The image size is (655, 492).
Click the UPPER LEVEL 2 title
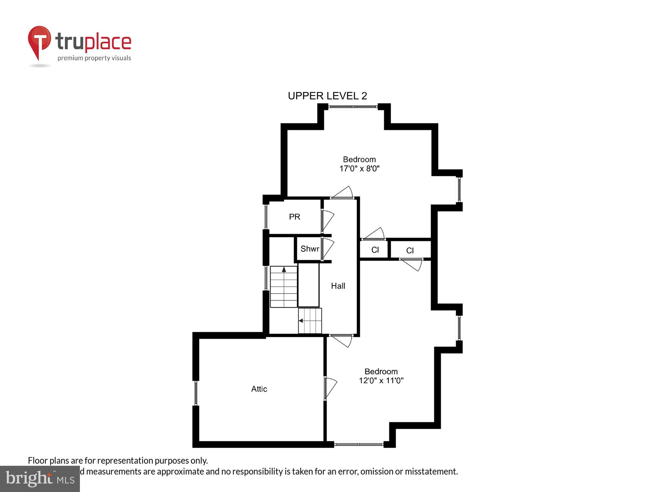click(x=327, y=96)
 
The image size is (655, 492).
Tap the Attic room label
click(x=259, y=389)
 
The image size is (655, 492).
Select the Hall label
click(x=338, y=286)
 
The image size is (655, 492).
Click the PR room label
click(x=294, y=217)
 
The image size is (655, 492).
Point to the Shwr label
click(x=309, y=249)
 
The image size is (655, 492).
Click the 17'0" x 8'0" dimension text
click(x=359, y=169)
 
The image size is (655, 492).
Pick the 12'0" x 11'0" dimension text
click(x=381, y=380)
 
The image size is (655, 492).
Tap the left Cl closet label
click(x=375, y=250)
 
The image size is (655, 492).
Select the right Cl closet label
click(x=410, y=251)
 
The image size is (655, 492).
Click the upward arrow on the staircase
click(x=284, y=270)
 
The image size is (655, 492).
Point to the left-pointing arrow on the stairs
click(x=301, y=320)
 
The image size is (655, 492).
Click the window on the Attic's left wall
click(x=196, y=393)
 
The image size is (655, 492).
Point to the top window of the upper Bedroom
click(x=353, y=107)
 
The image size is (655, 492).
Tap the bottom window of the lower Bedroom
click(x=359, y=444)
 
